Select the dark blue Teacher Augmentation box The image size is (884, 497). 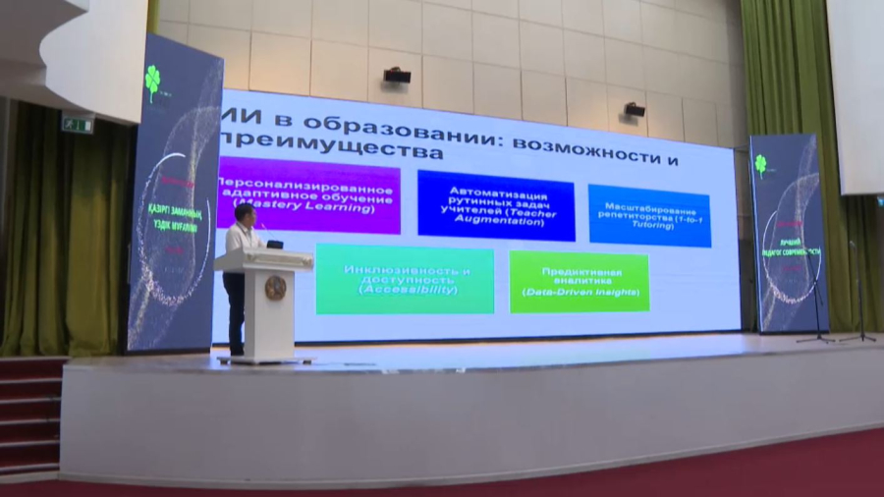pos(496,204)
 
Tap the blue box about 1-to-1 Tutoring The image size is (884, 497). pos(649,215)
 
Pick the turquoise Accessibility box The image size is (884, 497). pos(404,279)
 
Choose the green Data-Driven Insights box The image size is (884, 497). pos(580,282)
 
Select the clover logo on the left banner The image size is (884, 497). pos(152,83)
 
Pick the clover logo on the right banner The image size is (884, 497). pos(760,163)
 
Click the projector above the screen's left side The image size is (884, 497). pos(396,76)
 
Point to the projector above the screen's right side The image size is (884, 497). pos(635,110)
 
